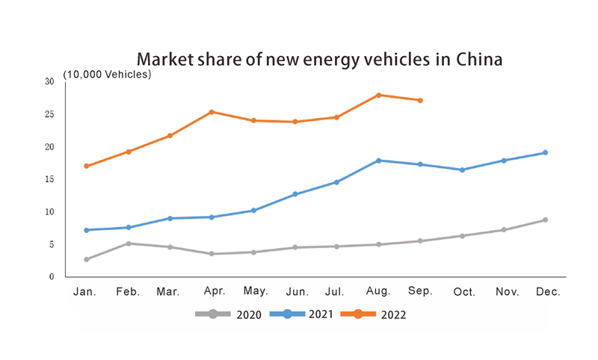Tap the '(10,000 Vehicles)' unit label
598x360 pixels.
(x=107, y=75)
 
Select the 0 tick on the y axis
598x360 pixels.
(x=51, y=276)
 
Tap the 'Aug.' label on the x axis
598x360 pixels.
(x=379, y=292)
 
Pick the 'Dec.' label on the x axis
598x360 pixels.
(x=548, y=292)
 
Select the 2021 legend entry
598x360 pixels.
(x=303, y=314)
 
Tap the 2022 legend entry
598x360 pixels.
(x=374, y=314)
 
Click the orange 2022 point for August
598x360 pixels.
(x=379, y=95)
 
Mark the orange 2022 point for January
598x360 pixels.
(x=87, y=166)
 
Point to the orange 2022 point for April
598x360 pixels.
(x=212, y=112)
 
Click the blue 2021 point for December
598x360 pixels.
(x=546, y=152)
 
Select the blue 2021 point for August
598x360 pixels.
(x=379, y=161)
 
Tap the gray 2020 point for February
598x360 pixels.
(x=129, y=243)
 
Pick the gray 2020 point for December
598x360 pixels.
(x=546, y=220)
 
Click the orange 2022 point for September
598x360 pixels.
(x=421, y=100)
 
